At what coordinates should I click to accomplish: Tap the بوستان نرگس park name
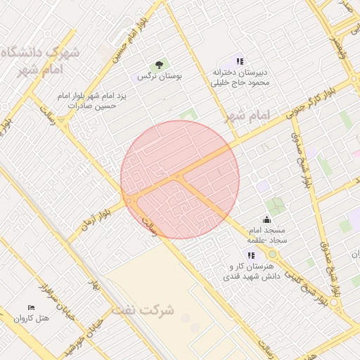tap(160, 76)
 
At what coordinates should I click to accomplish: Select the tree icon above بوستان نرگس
tap(161, 63)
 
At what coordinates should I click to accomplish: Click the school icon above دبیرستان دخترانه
tap(240, 62)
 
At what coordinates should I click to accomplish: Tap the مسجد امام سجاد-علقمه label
tap(266, 236)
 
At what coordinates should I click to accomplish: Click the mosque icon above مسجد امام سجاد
tap(266, 220)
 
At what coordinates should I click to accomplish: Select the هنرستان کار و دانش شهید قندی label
tap(255, 272)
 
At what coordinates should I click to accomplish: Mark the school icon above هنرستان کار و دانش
tap(250, 255)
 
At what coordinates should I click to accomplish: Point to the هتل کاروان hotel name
tap(32, 319)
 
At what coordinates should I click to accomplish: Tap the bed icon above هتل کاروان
tap(31, 308)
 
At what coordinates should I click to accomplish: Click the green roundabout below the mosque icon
tap(271, 254)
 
